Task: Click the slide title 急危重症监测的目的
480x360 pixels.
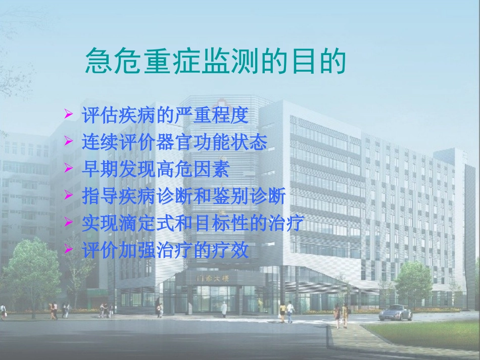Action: click(x=215, y=62)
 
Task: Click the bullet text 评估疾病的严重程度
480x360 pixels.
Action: click(x=165, y=116)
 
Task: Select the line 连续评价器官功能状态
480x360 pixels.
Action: click(x=174, y=142)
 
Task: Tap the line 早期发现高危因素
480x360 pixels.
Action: click(x=156, y=169)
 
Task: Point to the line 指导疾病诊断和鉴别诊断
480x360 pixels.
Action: click(x=184, y=196)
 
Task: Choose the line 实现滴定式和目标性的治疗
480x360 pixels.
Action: click(x=193, y=223)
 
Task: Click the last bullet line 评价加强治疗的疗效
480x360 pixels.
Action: click(x=165, y=250)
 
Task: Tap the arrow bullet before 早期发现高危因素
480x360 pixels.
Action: click(x=69, y=170)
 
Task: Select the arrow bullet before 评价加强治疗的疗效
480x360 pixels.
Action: click(x=69, y=250)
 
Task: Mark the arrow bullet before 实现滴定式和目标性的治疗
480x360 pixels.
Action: click(x=69, y=223)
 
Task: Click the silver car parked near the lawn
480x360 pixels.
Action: click(x=396, y=314)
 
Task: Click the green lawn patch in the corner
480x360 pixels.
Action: click(x=429, y=333)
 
